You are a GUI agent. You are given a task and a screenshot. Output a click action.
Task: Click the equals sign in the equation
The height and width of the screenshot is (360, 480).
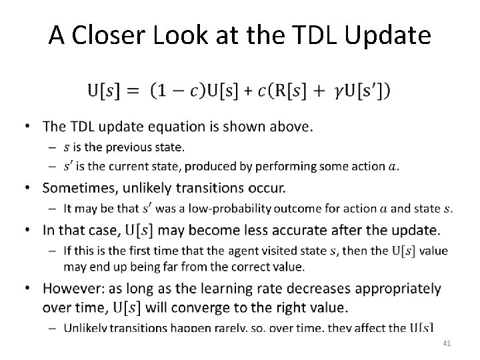[131, 89]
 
